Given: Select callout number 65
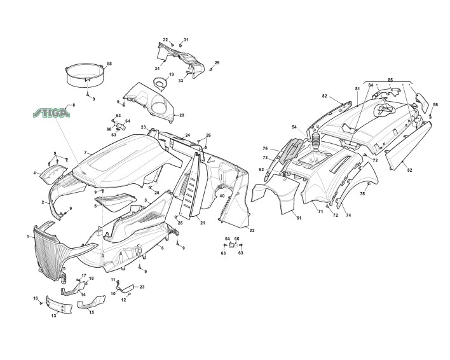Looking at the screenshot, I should (x=109, y=64).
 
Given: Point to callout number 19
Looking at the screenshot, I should (x=171, y=75).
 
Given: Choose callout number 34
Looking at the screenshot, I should (x=156, y=68).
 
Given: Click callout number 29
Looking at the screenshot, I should (x=217, y=63).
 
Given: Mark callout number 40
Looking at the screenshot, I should (x=222, y=196).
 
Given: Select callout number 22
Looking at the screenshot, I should (x=252, y=230).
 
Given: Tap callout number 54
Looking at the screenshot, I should (x=294, y=127).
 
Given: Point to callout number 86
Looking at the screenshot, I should (x=435, y=104).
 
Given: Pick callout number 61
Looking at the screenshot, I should (x=298, y=218).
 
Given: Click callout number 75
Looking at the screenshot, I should (x=362, y=193).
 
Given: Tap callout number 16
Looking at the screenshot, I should (x=36, y=298).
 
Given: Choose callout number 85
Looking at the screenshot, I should (x=390, y=80).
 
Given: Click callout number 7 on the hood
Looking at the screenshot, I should (x=85, y=153).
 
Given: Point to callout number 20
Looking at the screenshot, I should (x=181, y=115).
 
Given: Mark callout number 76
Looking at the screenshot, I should (x=265, y=149).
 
